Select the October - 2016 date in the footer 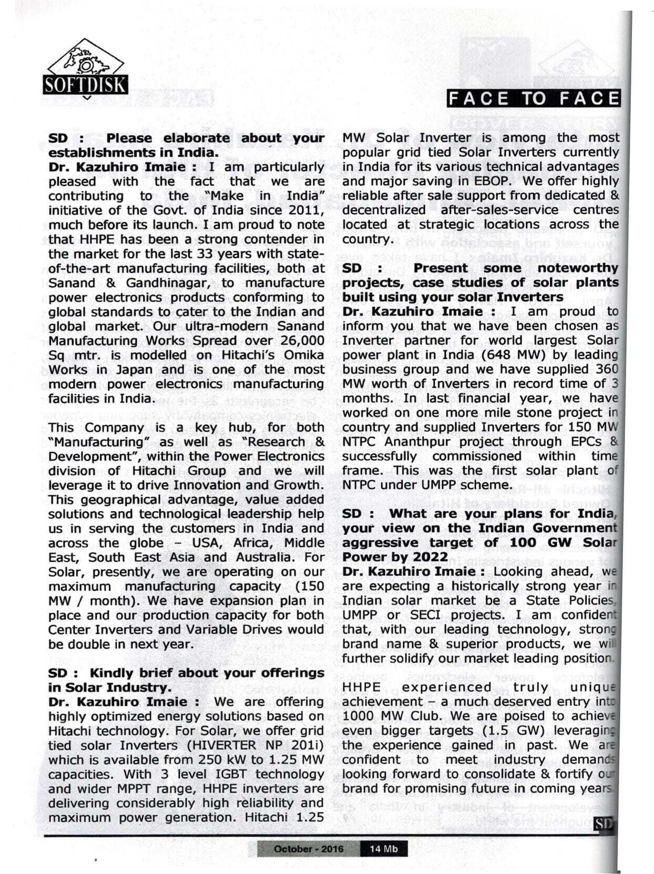[309, 849]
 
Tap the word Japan [119, 369]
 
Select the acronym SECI [427, 615]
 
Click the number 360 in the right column [608, 369]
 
